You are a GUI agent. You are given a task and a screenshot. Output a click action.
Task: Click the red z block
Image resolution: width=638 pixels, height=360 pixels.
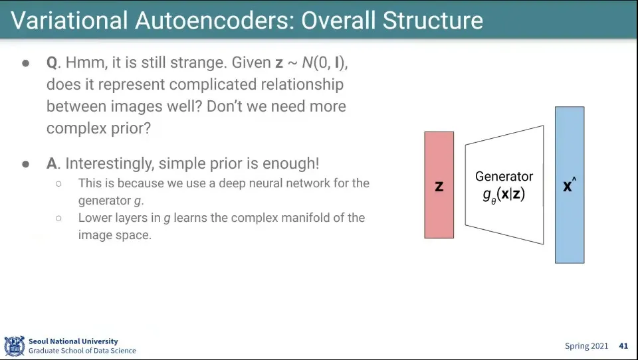pyautogui.click(x=439, y=185)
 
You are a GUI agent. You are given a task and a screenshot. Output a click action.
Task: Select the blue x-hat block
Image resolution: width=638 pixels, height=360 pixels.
pyautogui.click(x=570, y=185)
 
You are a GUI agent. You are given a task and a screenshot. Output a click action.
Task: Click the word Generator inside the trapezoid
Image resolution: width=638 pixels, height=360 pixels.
pyautogui.click(x=504, y=177)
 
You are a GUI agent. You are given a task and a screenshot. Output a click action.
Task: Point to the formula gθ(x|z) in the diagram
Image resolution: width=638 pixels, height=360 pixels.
pyautogui.click(x=504, y=195)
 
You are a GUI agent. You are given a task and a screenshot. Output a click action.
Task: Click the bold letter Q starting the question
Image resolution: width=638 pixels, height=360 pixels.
pyautogui.click(x=53, y=63)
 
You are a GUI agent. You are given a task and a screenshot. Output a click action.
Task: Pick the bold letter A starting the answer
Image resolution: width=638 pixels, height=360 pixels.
pyautogui.click(x=52, y=163)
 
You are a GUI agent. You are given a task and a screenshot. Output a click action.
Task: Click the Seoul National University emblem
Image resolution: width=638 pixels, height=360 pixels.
pyautogui.click(x=15, y=346)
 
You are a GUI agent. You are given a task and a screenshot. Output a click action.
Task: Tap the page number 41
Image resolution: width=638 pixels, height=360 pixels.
pyautogui.click(x=623, y=346)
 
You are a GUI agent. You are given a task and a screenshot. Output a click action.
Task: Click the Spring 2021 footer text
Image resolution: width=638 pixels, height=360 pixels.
pyautogui.click(x=586, y=346)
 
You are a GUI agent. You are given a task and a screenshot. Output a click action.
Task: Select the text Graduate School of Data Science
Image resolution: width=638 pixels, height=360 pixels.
pyautogui.click(x=82, y=351)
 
